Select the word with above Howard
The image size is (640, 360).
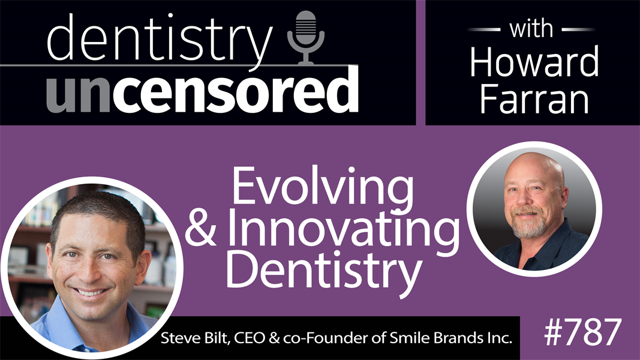(533, 29)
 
